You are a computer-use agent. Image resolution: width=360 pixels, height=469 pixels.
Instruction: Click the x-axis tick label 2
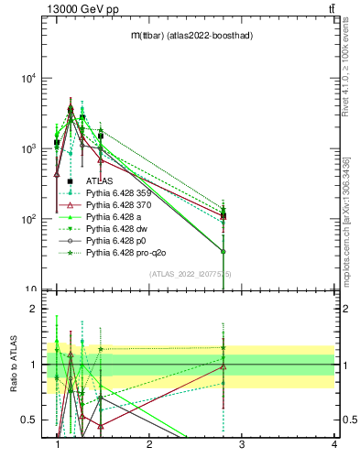(150, 446)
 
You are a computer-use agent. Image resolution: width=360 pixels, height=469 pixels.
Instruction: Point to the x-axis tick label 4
(334, 446)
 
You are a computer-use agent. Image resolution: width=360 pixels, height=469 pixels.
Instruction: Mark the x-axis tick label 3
(242, 446)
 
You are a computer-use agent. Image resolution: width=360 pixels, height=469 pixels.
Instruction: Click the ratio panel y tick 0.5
(31, 420)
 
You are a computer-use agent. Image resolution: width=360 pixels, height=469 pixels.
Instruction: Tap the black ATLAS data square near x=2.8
(224, 216)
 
